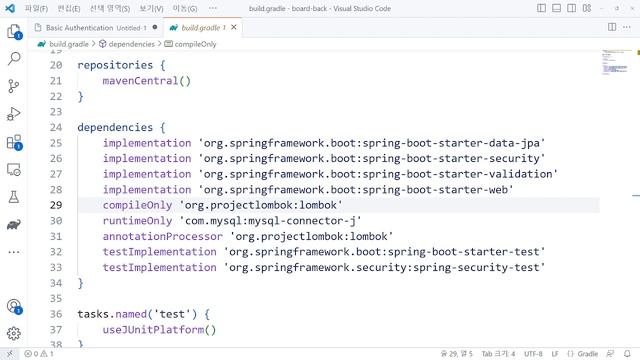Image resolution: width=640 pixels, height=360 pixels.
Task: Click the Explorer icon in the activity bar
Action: click(x=14, y=31)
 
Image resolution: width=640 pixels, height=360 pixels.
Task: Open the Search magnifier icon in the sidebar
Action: click(x=14, y=59)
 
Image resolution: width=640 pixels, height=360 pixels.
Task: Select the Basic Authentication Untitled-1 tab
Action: click(x=96, y=27)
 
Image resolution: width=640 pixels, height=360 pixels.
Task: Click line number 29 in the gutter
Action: click(x=56, y=205)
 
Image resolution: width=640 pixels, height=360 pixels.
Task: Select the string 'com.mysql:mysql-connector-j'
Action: click(x=270, y=221)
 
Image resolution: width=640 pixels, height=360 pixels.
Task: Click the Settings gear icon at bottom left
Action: click(x=14, y=333)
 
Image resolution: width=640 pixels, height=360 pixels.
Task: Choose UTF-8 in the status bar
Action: click(x=533, y=354)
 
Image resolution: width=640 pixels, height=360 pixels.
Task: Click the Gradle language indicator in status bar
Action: click(x=587, y=354)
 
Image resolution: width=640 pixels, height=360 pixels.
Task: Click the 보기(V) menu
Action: click(x=151, y=8)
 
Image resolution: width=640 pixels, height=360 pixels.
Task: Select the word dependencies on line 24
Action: click(x=115, y=128)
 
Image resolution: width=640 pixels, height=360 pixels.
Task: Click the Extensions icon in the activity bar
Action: click(x=14, y=143)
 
